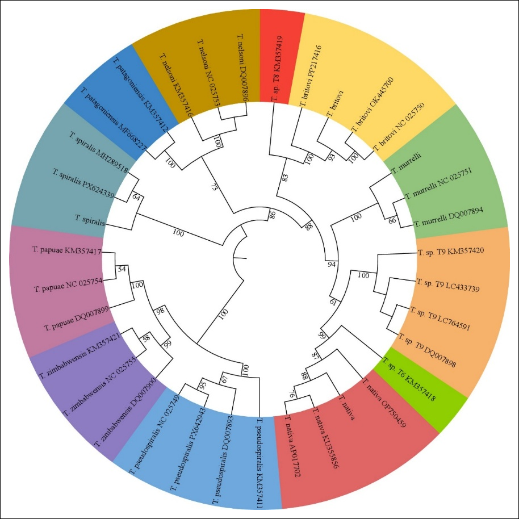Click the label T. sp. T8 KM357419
pyautogui.click(x=277, y=69)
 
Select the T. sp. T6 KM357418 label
pyautogui.click(x=409, y=379)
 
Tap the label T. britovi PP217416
pyautogui.click(x=311, y=76)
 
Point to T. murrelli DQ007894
pyautogui.click(x=449, y=217)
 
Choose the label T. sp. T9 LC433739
pyautogui.click(x=448, y=285)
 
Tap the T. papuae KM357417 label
pyautogui.click(x=67, y=250)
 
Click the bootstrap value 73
pyautogui.click(x=214, y=187)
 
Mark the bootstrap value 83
pyautogui.click(x=285, y=178)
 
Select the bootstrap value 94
pyautogui.click(x=331, y=264)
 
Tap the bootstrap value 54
pyautogui.click(x=122, y=269)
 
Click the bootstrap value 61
pyautogui.click(x=333, y=302)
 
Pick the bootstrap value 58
pyautogui.click(x=147, y=338)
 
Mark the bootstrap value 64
pyautogui.click(x=136, y=197)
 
